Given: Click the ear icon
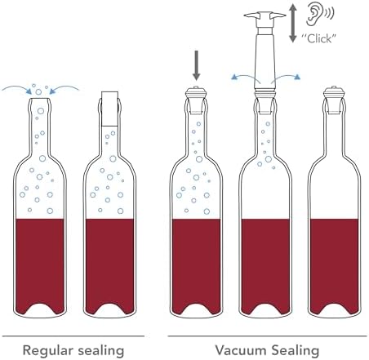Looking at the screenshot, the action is tap(314, 14).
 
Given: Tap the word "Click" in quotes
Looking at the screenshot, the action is tap(318, 38).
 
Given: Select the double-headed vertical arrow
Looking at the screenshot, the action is tap(292, 24).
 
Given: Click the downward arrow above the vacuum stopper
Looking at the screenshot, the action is tap(196, 65).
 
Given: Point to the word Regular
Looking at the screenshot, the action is tap(47, 350).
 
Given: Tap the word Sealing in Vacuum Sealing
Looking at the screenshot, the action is tap(296, 350).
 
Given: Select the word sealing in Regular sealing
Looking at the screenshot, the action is tap(100, 350).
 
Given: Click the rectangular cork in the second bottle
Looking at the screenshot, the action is tap(109, 109).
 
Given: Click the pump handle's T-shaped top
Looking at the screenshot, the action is tap(265, 17).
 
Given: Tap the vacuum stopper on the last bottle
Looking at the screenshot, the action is tap(334, 100).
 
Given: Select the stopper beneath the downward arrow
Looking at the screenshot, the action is tap(196, 100).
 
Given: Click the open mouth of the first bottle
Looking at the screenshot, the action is tap(40, 98).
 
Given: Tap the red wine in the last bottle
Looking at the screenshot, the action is tap(334, 264).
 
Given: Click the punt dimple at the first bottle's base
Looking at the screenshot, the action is tap(40, 309).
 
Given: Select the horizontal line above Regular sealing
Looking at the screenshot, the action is tap(73, 336).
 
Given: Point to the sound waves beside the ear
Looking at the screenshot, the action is tap(329, 13).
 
